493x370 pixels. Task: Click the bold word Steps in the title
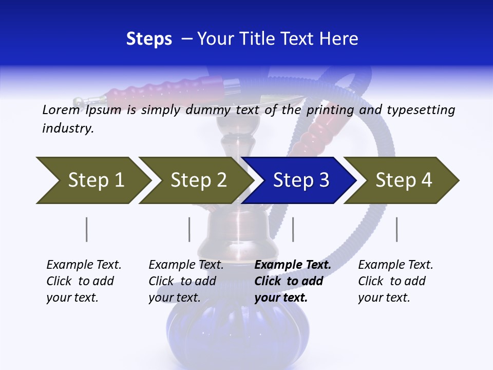tap(149, 39)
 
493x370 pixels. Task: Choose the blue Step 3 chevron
tap(300, 180)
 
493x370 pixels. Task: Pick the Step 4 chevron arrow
tap(403, 180)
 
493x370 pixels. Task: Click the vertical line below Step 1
tap(87, 229)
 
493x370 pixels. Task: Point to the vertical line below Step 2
tap(189, 229)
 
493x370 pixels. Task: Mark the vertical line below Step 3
tap(293, 229)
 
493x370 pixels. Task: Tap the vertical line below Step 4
tap(396, 229)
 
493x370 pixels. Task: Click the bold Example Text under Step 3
tap(293, 281)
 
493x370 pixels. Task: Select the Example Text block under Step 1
tap(84, 281)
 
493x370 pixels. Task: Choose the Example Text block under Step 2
tap(186, 281)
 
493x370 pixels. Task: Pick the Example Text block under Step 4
tap(395, 281)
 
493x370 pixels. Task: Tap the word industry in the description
tap(68, 128)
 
